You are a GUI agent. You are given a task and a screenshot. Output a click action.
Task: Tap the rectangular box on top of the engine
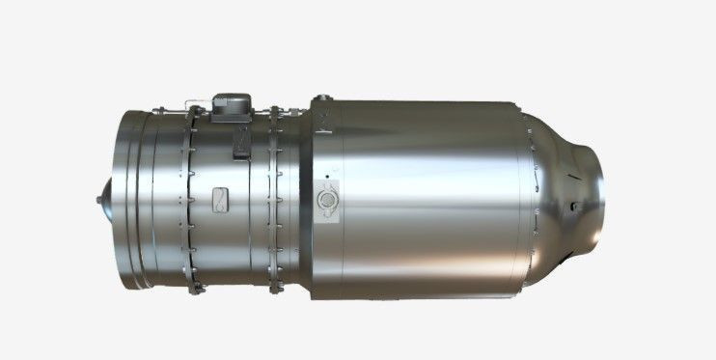(x=232, y=105)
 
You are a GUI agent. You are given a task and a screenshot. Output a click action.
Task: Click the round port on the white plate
(x=328, y=197)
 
